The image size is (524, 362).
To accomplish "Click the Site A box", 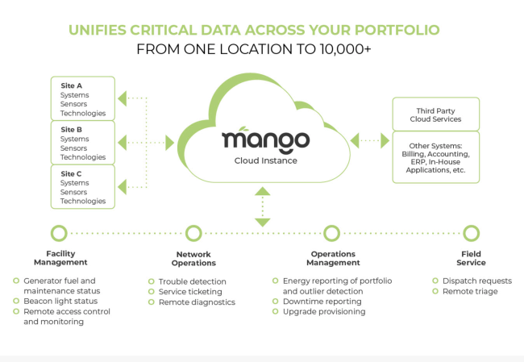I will point(83,98).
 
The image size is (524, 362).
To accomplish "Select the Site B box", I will point(83,142).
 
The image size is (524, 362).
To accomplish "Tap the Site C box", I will point(83,186).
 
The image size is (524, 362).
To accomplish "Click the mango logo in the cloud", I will point(265,139).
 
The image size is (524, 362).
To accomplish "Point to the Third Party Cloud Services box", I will point(435,114).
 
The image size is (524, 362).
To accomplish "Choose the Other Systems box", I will point(435,157).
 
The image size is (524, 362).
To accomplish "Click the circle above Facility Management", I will point(58,233).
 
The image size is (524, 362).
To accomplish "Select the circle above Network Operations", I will point(193,233).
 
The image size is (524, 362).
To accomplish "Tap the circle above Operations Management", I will point(331,233).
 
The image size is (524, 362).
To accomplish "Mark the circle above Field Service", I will point(466,233).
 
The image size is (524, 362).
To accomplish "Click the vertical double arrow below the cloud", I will point(262,207).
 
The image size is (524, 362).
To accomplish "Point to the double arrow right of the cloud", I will point(370,141).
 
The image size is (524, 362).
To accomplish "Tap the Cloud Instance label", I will point(265,160).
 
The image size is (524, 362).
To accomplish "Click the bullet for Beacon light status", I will point(16,301).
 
